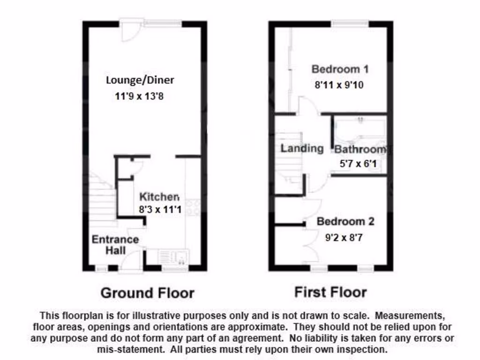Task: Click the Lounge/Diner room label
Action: tap(140, 80)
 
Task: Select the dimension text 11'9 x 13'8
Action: tap(139, 97)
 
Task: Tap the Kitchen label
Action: tap(159, 197)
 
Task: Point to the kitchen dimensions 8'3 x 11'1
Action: tap(159, 210)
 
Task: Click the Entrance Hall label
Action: tap(115, 245)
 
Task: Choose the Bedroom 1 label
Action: tap(340, 69)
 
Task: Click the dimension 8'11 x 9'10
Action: tap(339, 85)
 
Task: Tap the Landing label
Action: tap(302, 149)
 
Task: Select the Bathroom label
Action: tap(360, 150)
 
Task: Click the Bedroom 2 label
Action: tap(345, 221)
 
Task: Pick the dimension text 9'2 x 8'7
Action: tap(344, 238)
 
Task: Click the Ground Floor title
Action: tap(147, 293)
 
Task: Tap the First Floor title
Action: tap(330, 292)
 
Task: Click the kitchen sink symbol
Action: tap(173, 257)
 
